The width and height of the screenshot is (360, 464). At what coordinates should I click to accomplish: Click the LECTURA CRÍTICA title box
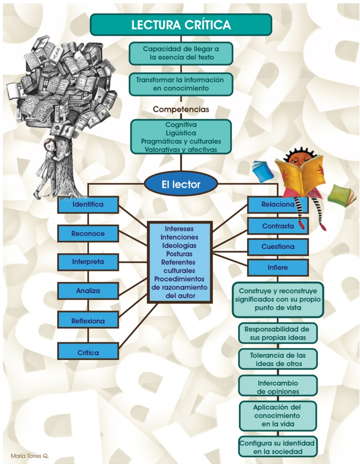[181, 25]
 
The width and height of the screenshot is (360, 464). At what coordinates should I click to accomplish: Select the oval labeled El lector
[181, 184]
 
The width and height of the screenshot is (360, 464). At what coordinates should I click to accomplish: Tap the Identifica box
[88, 205]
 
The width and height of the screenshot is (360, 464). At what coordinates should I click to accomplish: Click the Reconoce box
[88, 234]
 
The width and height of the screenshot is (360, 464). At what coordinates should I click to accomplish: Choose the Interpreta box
[88, 262]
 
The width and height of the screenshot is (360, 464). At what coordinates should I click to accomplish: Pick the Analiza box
[88, 291]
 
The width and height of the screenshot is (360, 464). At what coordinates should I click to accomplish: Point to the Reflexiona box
[88, 321]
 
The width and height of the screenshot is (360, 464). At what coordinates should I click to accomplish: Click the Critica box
[88, 353]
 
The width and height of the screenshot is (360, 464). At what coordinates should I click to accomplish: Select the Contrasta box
[278, 226]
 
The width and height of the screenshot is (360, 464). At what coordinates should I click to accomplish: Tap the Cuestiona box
[278, 247]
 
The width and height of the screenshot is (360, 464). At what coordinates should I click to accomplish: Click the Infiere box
[278, 268]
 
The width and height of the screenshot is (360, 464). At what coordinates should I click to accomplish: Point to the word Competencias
[181, 109]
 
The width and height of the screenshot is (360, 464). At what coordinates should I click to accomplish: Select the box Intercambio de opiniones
[278, 387]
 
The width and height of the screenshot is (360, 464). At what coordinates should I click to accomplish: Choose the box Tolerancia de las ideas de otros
[278, 359]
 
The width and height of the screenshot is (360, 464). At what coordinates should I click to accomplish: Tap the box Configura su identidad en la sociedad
[278, 447]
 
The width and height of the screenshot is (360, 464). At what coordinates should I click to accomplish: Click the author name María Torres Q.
[30, 455]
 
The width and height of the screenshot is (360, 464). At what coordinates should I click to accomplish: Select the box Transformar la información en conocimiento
[181, 84]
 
